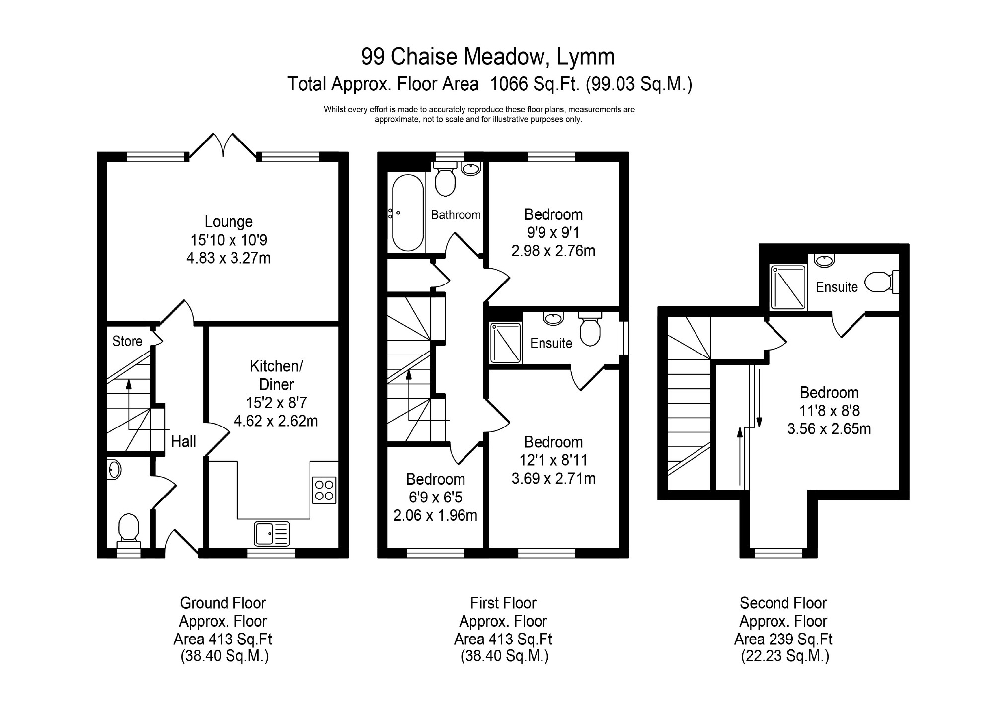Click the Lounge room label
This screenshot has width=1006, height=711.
pos(229,222)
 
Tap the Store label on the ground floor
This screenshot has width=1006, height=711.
pos(127,341)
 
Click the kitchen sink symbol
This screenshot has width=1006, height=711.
pos(272,534)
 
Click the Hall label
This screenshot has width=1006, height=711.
pos(183,441)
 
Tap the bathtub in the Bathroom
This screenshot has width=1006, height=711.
pos(408,213)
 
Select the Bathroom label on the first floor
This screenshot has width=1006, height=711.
pos(456,215)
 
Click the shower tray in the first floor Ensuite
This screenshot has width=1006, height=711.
pos(505,343)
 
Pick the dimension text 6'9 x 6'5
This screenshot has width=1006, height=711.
pos(435,497)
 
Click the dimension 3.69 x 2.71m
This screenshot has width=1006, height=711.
pos(553,478)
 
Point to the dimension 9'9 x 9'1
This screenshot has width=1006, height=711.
pos(553,232)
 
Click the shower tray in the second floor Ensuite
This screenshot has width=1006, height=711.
pos(788,287)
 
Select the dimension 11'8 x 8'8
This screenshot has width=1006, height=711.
pos(829,411)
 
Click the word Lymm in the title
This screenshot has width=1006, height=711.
pos(585,57)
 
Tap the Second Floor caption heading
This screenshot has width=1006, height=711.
pos(783,603)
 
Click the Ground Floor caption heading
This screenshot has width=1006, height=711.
pos(223,603)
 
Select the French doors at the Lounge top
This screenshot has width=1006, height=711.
pos(223,144)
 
